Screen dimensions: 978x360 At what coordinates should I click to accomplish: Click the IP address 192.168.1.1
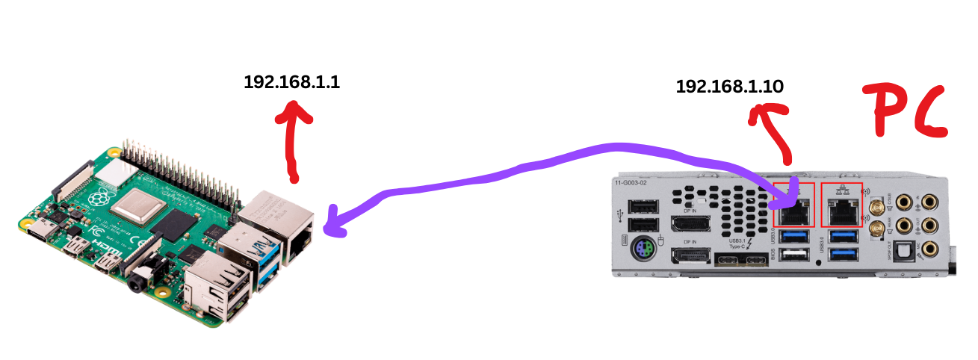pyautogui.click(x=292, y=82)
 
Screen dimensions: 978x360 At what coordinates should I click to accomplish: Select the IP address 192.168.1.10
pyautogui.click(x=729, y=87)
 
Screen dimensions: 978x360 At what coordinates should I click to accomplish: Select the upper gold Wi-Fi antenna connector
pyautogui.click(x=876, y=203)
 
